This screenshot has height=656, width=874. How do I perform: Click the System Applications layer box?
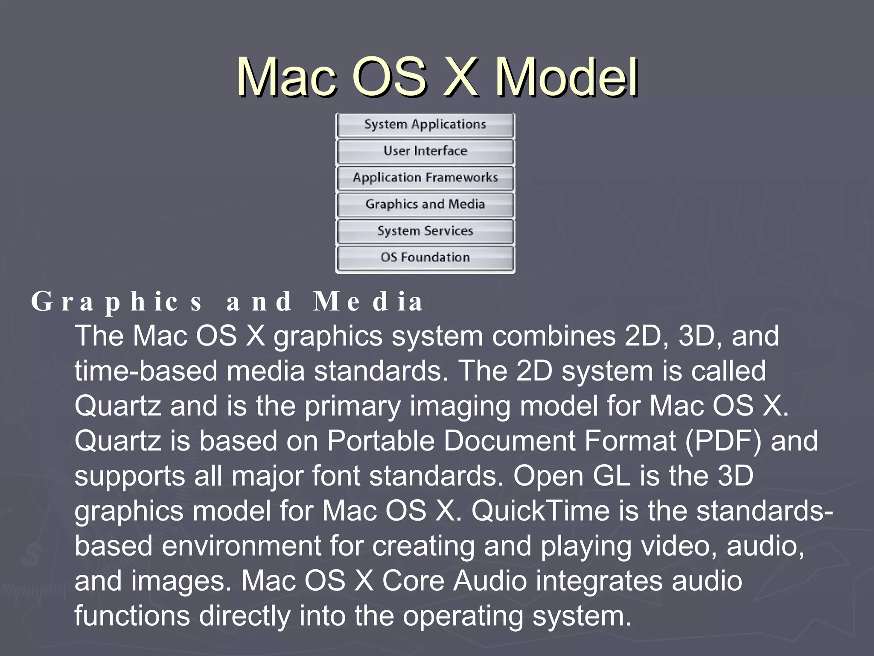tap(425, 125)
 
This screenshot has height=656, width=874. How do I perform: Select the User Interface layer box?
tap(425, 151)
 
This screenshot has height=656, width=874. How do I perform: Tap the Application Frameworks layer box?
tap(425, 178)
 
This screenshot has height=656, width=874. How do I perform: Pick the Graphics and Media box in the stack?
tap(425, 204)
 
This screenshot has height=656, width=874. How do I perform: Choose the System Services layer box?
tap(425, 231)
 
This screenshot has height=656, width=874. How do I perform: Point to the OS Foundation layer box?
tap(425, 258)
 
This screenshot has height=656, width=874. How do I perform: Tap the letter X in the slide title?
tap(460, 78)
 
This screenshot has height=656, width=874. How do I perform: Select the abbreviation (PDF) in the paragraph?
tap(723, 441)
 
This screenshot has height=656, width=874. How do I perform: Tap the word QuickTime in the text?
tap(540, 511)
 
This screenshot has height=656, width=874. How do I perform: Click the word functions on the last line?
tap(132, 616)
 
